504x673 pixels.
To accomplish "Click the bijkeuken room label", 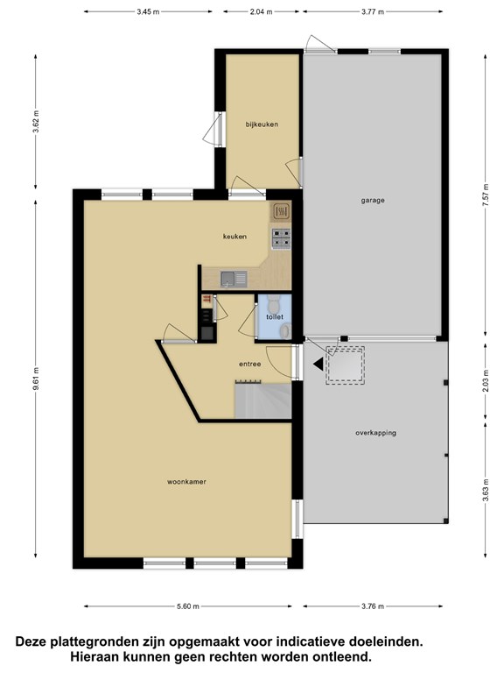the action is click(x=262, y=124).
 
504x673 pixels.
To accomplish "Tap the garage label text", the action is click(x=373, y=201).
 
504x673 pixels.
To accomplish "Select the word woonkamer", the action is click(x=186, y=482).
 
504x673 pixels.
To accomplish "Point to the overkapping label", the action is click(x=375, y=433).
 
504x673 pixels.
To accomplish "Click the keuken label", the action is click(x=234, y=237).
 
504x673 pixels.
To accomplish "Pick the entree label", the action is click(x=250, y=364).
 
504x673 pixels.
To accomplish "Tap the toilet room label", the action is click(x=275, y=317).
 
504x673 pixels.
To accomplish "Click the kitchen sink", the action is click(x=234, y=279).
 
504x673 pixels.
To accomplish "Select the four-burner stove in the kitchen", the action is click(x=281, y=238).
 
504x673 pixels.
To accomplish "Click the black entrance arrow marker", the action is click(x=318, y=365).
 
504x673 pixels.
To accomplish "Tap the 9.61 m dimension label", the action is click(x=36, y=379).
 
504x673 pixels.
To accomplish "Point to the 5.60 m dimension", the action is click(x=188, y=606).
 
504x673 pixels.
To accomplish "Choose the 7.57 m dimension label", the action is click(x=485, y=195).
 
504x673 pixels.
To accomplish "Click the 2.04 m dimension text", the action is click(x=262, y=12).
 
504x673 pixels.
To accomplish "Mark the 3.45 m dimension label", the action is click(x=148, y=12).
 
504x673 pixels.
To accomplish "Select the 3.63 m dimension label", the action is click(x=485, y=490).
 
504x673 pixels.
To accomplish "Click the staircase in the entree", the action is click(x=262, y=400).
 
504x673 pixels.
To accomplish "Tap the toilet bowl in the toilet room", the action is click(x=273, y=305).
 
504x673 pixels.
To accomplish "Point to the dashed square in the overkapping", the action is click(x=346, y=365).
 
